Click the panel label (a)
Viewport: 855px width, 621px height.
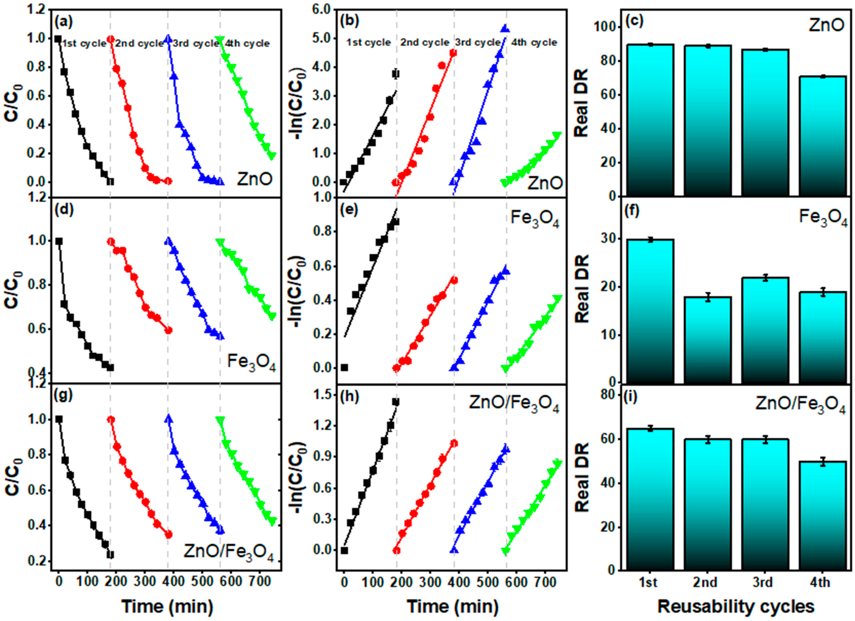coord(63,22)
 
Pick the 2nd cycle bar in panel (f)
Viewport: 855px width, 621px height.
coord(707,339)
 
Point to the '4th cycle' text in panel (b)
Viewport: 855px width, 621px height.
coord(534,42)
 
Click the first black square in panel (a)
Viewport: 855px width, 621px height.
coord(58,39)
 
